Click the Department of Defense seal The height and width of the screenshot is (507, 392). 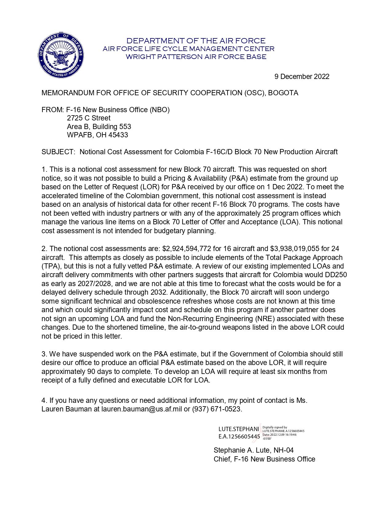pyautogui.click(x=61, y=56)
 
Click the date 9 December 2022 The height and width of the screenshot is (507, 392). pyautogui.click(x=302, y=77)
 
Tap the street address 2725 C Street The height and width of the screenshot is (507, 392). pyautogui.click(x=89, y=118)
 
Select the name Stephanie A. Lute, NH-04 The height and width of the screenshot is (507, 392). pyautogui.click(x=254, y=450)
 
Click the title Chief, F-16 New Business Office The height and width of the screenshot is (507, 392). pyautogui.click(x=264, y=459)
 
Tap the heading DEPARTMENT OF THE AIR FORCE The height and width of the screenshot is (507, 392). pyautogui.click(x=196, y=41)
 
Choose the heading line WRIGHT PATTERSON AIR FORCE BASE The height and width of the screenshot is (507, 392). pyautogui.click(x=196, y=57)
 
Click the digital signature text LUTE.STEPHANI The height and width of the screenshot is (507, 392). pyautogui.click(x=239, y=429)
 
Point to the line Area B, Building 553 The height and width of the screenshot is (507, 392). pyautogui.click(x=99, y=127)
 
